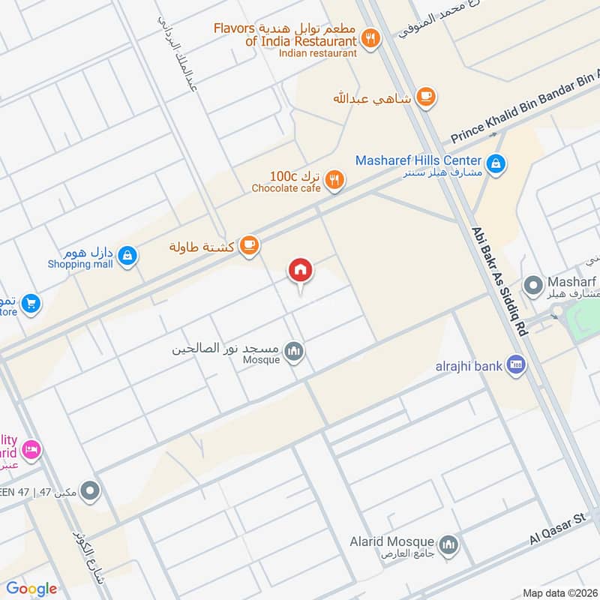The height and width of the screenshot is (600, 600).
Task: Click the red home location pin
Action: pos(301,271)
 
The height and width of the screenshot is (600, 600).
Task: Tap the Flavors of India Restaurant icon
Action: pos(369,37)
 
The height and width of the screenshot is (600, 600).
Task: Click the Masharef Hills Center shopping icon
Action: pos(495,161)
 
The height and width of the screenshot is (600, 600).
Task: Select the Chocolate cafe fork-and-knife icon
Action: pos(336,180)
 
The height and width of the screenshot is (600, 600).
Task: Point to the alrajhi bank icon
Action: pos(515,366)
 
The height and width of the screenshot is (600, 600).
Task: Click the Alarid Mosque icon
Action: pos(448,544)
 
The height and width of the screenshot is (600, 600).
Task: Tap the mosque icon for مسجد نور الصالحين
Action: pos(294,352)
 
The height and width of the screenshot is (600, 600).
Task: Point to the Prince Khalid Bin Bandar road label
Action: pos(525,106)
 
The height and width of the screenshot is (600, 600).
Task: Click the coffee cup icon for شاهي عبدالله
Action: pos(426,97)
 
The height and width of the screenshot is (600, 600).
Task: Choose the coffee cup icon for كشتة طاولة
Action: pos(250,245)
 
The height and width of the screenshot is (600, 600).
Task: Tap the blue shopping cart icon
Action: pos(31,303)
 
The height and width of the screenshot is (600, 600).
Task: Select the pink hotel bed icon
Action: pos(31,448)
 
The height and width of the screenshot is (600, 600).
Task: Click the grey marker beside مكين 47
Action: pos(91,492)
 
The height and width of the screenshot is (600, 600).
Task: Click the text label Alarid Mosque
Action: pos(392,541)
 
